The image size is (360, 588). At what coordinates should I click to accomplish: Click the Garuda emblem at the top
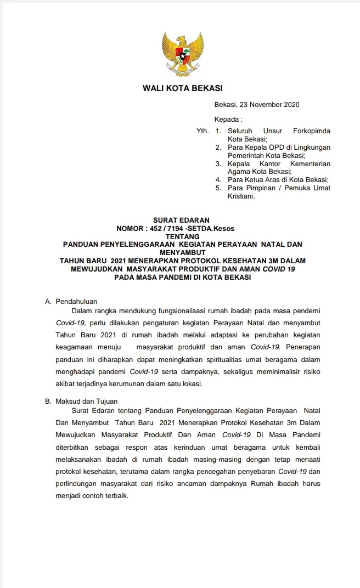[183, 54]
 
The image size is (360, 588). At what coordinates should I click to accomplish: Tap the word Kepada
[227, 119]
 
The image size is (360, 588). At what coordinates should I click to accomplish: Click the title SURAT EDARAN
[181, 220]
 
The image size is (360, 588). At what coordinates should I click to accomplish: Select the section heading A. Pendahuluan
[69, 302]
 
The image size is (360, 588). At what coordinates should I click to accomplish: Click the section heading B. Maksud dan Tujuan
[81, 401]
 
